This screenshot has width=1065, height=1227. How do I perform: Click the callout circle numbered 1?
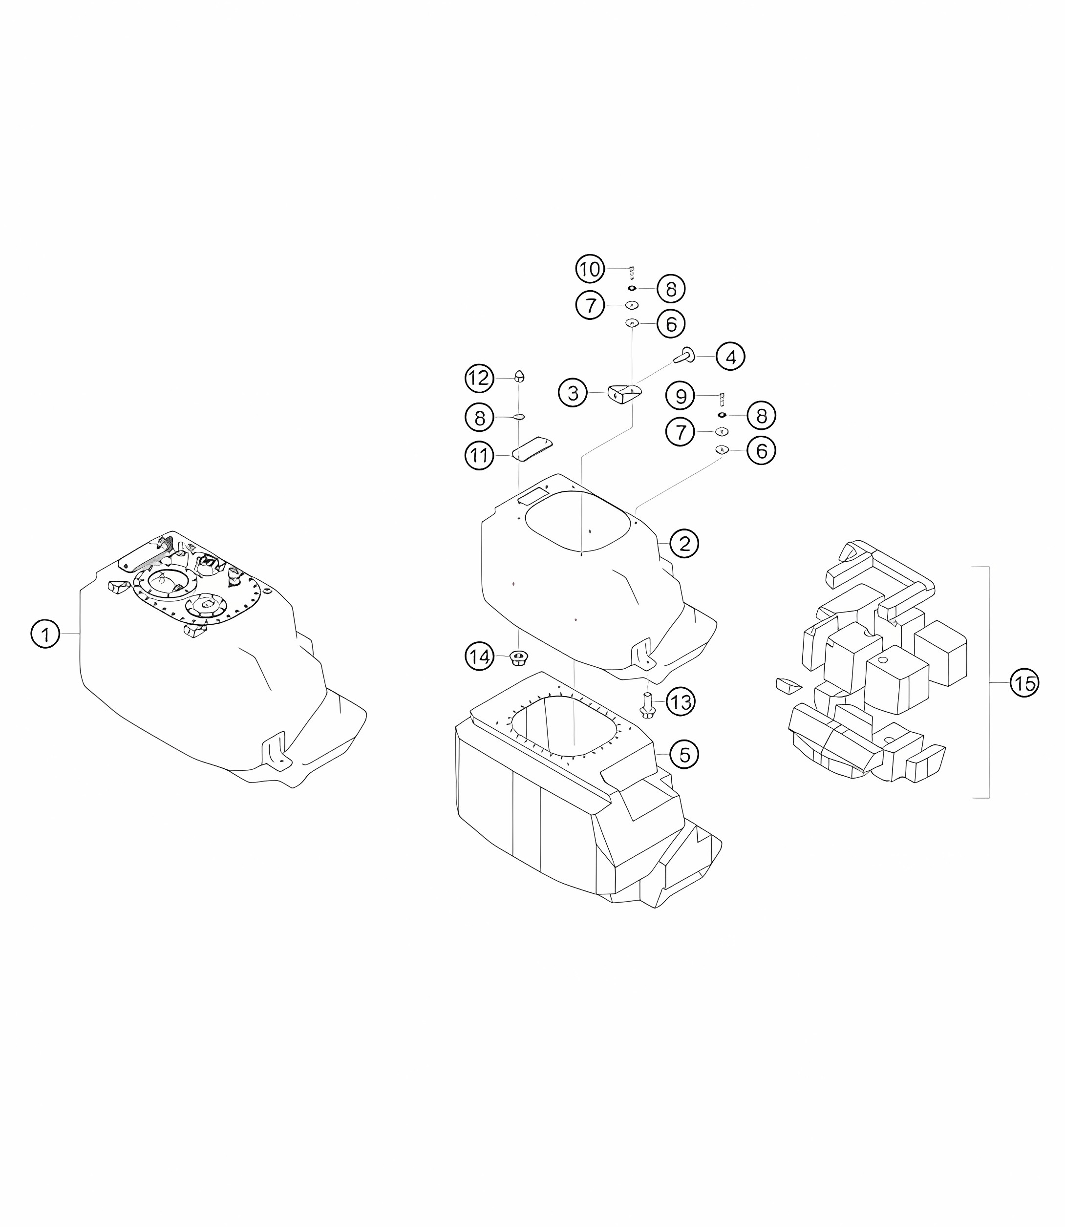tap(45, 635)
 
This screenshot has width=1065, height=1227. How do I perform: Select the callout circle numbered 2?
tap(684, 543)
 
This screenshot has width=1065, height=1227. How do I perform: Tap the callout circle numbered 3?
tap(573, 393)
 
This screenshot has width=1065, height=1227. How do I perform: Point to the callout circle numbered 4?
tap(730, 357)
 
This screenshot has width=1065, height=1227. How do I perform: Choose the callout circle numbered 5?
tap(684, 755)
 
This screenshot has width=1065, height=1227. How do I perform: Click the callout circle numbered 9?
tap(681, 396)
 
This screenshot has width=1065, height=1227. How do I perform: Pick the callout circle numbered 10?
tap(590, 269)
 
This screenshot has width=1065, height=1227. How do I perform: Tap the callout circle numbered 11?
tap(480, 456)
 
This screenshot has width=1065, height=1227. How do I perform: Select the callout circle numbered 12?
tap(480, 378)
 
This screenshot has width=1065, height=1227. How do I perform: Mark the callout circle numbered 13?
tap(681, 702)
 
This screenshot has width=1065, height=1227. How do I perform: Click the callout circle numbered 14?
tap(480, 656)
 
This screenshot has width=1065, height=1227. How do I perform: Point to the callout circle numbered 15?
tap(1024, 683)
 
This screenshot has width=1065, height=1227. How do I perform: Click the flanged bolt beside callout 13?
tap(647, 704)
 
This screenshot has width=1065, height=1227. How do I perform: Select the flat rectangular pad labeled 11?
tap(532, 448)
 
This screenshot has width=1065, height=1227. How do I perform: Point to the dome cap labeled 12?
tap(519, 376)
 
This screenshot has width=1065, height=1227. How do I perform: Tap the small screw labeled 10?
tap(632, 273)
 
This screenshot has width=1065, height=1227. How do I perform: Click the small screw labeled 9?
tap(722, 399)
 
